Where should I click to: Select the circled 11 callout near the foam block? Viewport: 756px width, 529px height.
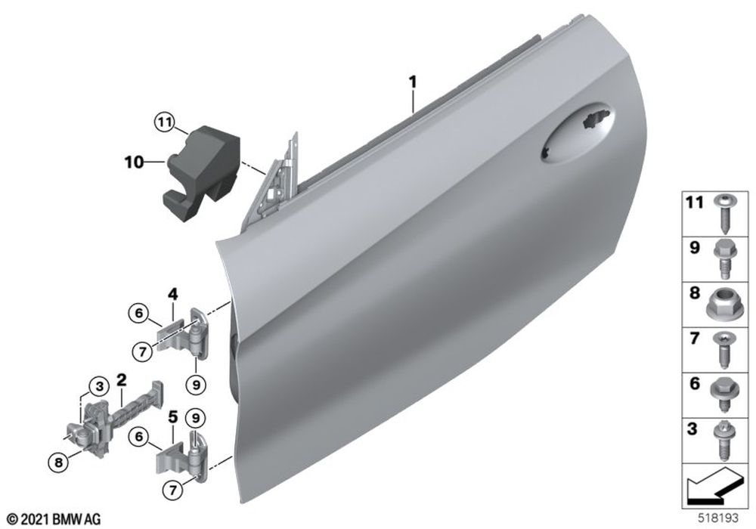(165, 123)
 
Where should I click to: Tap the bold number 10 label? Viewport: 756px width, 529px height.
(134, 162)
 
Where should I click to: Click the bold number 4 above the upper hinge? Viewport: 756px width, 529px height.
(172, 293)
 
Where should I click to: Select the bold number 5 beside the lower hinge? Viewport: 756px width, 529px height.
(172, 416)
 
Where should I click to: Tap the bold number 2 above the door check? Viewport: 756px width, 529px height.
(121, 380)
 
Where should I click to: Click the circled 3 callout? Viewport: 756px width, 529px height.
(100, 386)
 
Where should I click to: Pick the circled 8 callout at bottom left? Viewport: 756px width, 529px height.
(58, 463)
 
